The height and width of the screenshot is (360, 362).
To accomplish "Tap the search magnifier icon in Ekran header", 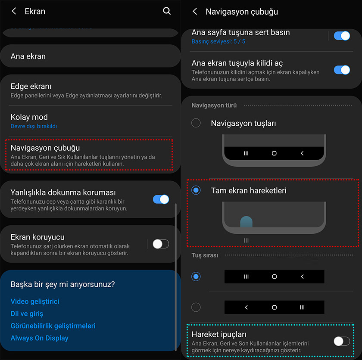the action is point(167,11).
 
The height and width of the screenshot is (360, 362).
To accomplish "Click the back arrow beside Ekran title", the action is point(14,11).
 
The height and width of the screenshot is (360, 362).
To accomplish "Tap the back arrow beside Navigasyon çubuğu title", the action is point(195,11).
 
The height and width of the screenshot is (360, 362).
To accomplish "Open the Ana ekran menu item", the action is point(28,56).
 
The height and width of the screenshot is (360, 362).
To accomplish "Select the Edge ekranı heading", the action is point(31,86).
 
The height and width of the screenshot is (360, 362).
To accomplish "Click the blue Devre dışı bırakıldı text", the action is point(34,126).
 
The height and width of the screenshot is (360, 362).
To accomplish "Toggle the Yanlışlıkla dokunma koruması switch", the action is point(161,199).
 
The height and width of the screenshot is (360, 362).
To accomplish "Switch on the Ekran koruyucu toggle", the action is point(161,244).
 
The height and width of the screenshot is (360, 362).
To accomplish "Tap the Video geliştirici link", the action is point(35,301).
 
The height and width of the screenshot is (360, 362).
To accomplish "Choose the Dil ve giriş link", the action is point(27,313).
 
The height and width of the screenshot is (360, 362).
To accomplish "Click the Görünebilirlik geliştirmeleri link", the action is point(53,326).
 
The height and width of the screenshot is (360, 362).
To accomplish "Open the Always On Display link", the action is point(40,338).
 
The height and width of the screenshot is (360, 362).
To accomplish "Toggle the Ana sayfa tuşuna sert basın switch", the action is point(342,36).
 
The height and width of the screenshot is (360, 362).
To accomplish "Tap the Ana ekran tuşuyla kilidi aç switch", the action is point(342,70).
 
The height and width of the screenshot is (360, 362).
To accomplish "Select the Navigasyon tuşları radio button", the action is point(196,123).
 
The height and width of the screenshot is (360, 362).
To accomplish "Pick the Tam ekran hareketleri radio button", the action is point(196,190).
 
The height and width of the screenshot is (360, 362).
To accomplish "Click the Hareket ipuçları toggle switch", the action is point(342,341).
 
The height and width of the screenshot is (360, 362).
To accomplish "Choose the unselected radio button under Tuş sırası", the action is point(196,307).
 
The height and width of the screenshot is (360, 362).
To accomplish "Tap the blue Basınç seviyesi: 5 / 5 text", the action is point(218,41).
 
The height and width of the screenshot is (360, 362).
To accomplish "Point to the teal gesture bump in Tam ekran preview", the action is point(247,222).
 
